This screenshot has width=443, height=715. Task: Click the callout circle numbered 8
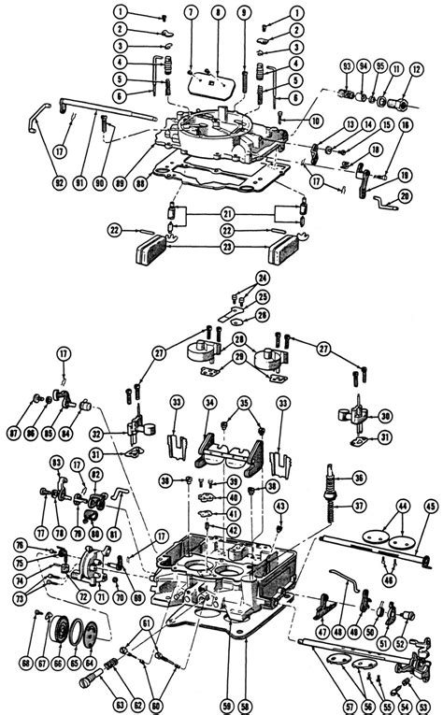(x=218, y=13)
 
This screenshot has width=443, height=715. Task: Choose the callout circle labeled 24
(x=263, y=278)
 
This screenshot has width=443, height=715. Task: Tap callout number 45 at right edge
(x=430, y=508)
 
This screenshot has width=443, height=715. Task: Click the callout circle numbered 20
(x=403, y=195)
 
